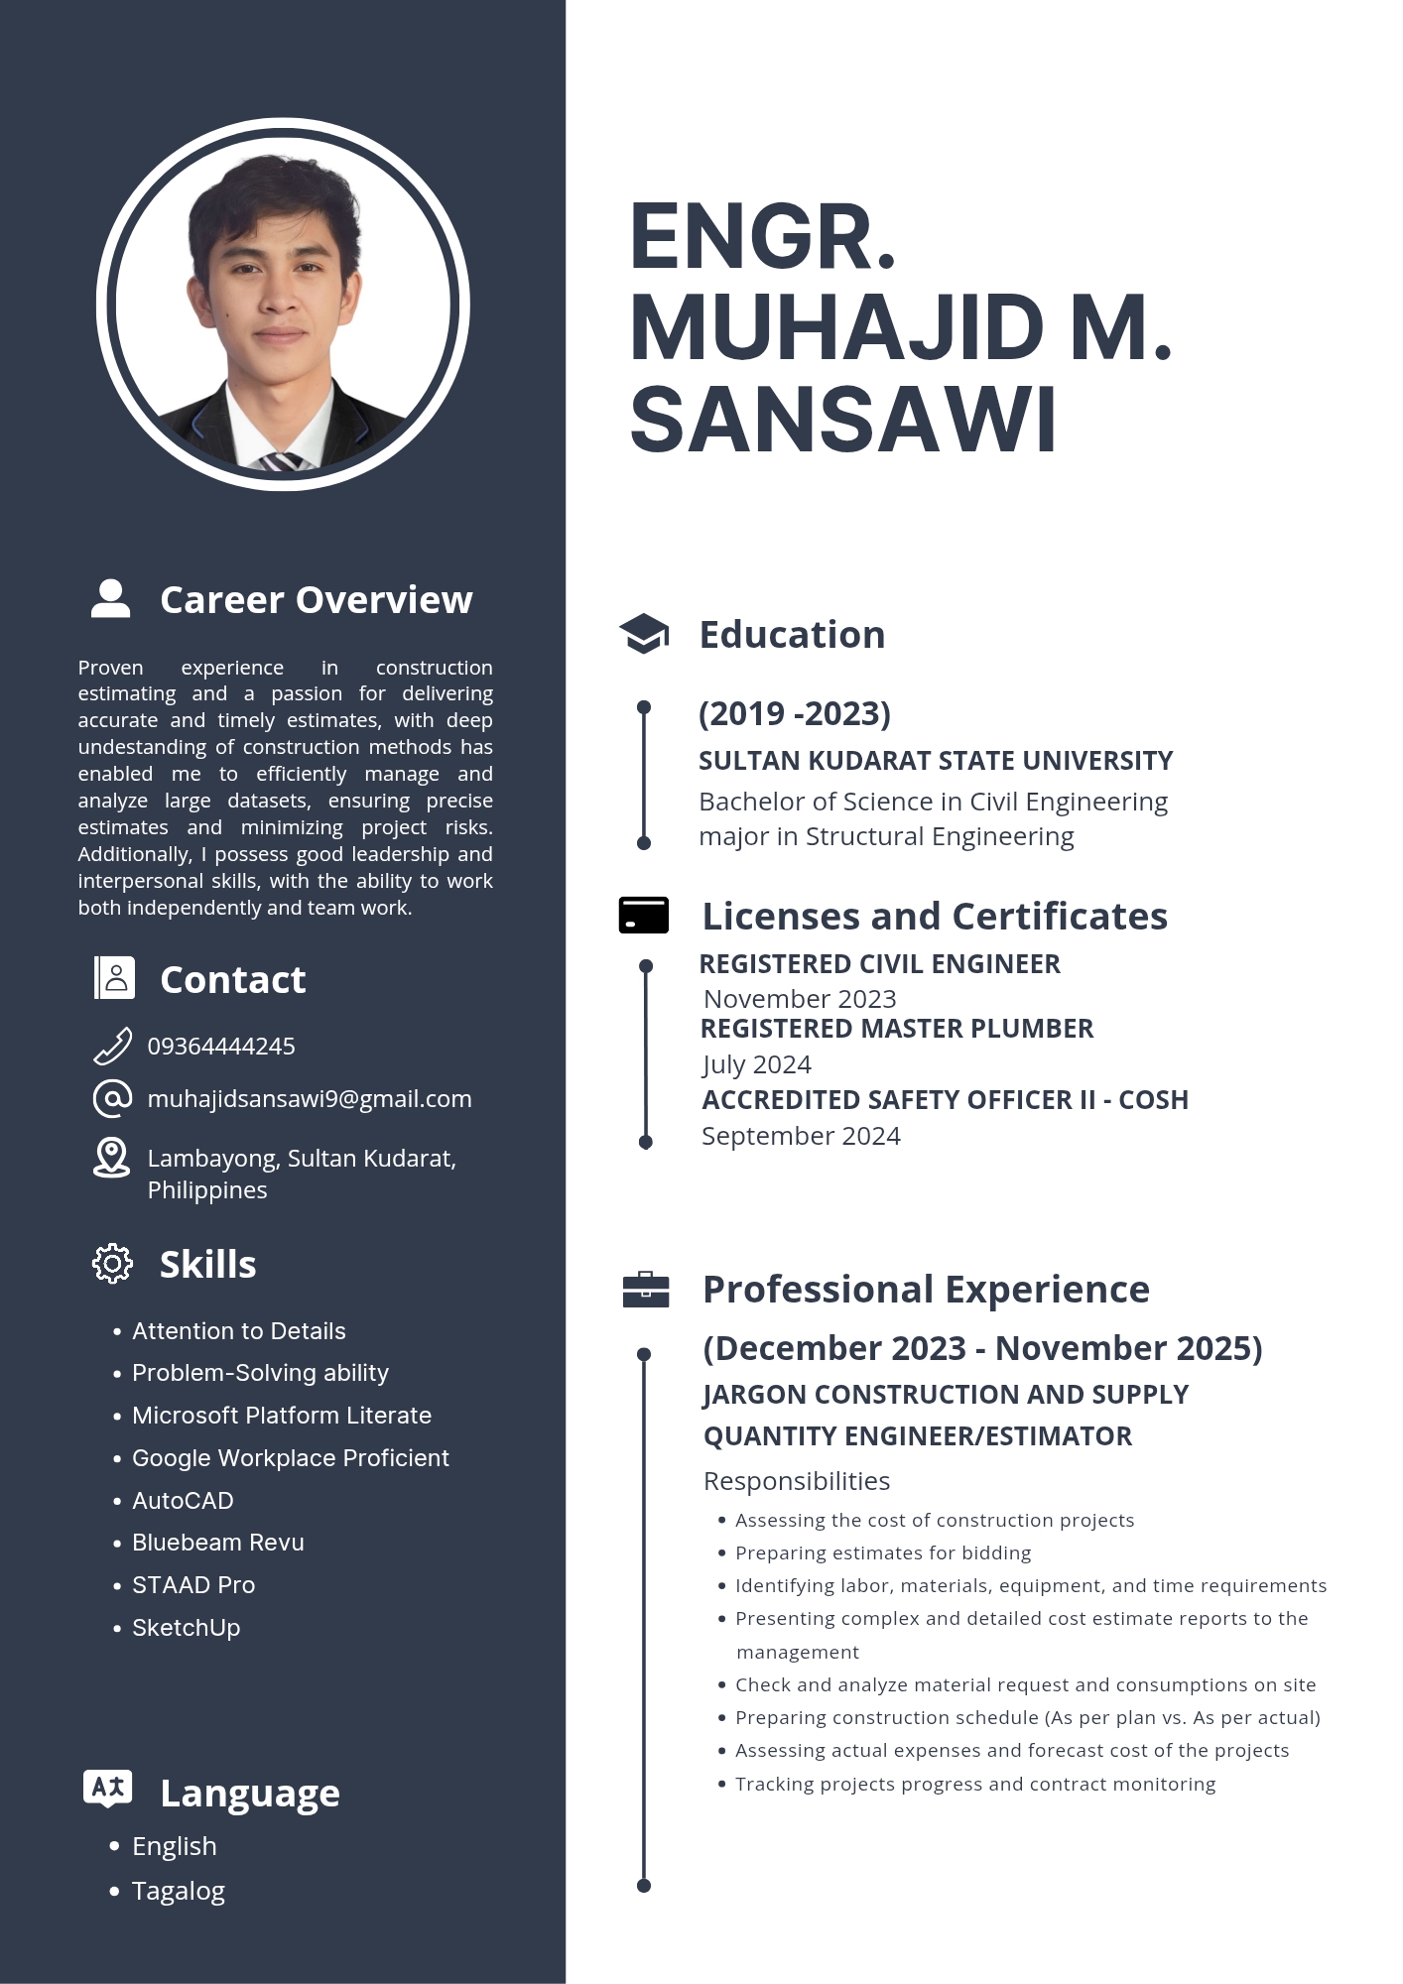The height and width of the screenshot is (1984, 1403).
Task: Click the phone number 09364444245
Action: (221, 1047)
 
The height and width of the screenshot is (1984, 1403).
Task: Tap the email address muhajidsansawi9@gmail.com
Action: (309, 1099)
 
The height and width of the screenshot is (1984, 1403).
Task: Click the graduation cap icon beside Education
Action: (644, 634)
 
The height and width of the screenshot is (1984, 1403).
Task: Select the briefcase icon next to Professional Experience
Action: (646, 1290)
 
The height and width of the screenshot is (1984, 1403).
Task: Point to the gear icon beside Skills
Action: (112, 1264)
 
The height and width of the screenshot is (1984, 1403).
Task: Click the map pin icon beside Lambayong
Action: (111, 1158)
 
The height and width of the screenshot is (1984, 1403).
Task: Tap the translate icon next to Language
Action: (108, 1789)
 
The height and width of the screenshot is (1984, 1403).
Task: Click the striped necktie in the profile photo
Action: (282, 461)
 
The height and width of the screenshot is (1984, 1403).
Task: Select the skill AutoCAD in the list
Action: (183, 1501)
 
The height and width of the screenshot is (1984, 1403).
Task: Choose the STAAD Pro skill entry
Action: (193, 1585)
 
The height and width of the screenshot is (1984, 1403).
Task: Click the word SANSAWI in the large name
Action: (843, 421)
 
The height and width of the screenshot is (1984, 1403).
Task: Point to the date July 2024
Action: (756, 1064)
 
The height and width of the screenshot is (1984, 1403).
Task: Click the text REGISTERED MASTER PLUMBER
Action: (897, 1029)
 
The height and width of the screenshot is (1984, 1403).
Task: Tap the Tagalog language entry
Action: (179, 1892)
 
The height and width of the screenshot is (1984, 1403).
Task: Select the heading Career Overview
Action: (316, 600)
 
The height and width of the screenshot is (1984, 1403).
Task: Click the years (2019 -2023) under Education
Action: (795, 713)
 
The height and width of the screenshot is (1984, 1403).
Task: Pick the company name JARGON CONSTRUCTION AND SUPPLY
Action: (946, 1395)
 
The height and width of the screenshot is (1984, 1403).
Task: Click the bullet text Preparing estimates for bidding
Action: (883, 1553)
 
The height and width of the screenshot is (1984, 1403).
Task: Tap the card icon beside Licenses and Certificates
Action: (644, 916)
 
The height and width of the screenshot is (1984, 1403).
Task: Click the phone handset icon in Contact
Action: (112, 1047)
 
